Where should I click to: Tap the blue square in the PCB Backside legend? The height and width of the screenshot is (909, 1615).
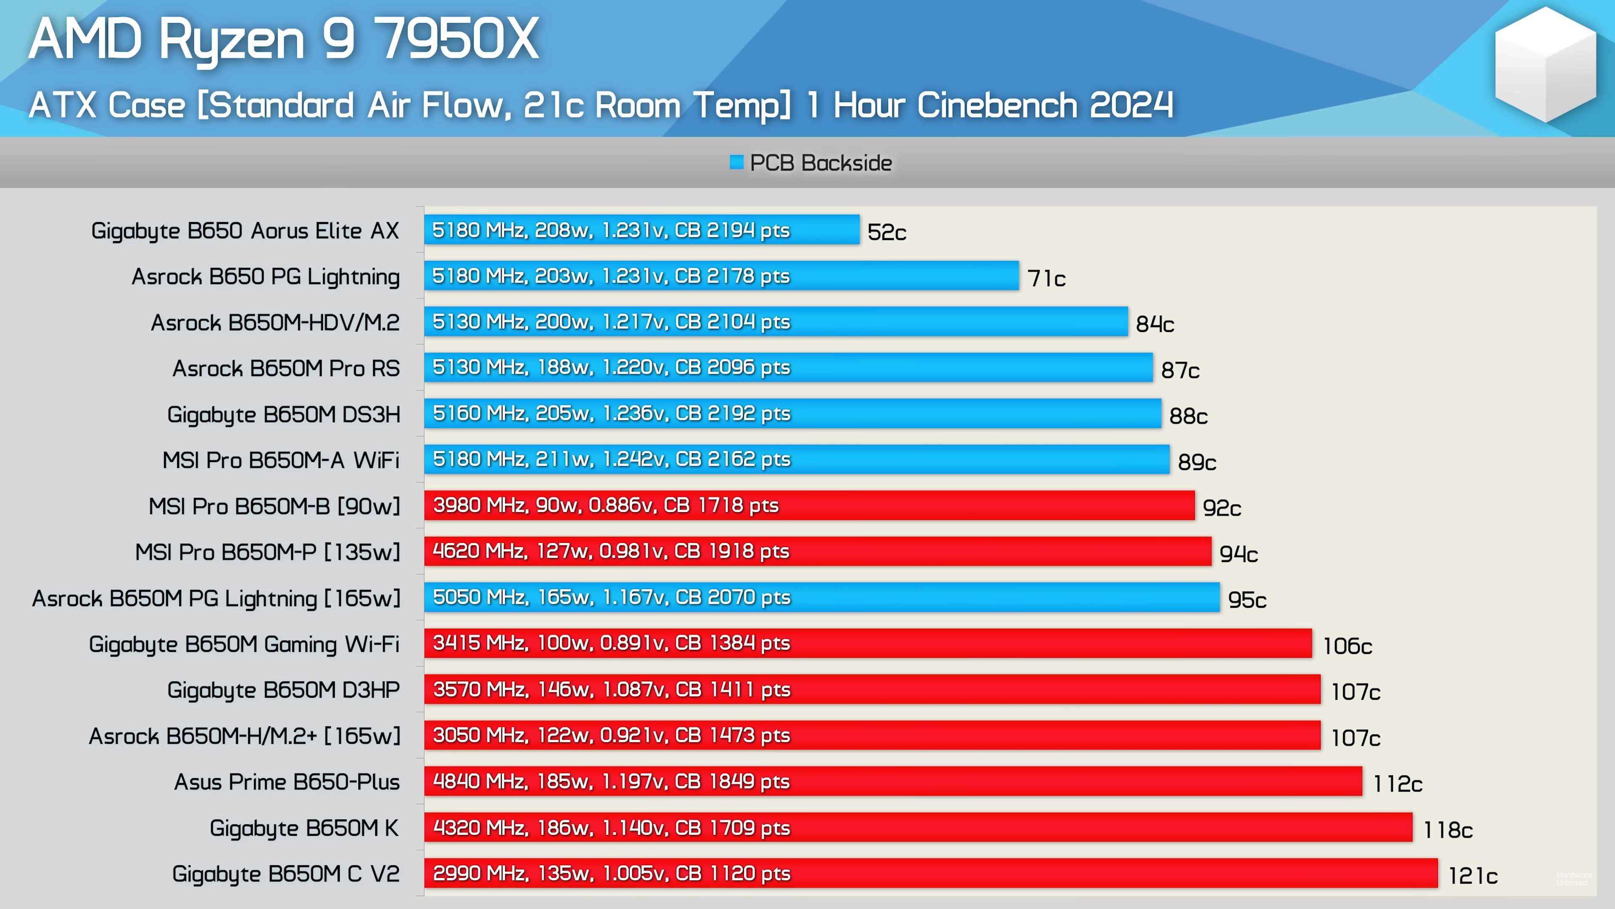(x=737, y=162)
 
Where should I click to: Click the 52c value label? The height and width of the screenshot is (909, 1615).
(x=887, y=232)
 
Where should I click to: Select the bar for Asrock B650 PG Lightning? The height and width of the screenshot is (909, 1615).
(x=721, y=276)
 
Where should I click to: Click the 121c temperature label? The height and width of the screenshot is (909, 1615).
(x=1473, y=876)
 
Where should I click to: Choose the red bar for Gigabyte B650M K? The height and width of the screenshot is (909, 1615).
(x=918, y=827)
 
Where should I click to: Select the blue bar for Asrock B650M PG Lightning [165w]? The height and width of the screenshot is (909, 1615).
(x=821, y=597)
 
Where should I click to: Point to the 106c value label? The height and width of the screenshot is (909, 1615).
(x=1347, y=646)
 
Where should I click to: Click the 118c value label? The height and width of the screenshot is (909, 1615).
(x=1448, y=830)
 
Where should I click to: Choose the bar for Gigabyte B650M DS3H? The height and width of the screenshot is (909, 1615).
(x=792, y=413)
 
